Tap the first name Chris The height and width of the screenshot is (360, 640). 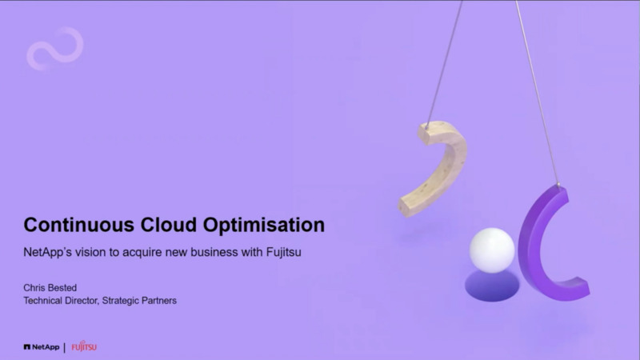[x=34, y=286]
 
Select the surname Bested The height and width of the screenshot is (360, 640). [x=62, y=286]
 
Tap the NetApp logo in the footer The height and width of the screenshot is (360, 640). [x=42, y=347]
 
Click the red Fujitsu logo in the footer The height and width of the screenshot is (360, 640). [x=84, y=347]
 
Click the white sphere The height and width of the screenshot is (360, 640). [x=491, y=250]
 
